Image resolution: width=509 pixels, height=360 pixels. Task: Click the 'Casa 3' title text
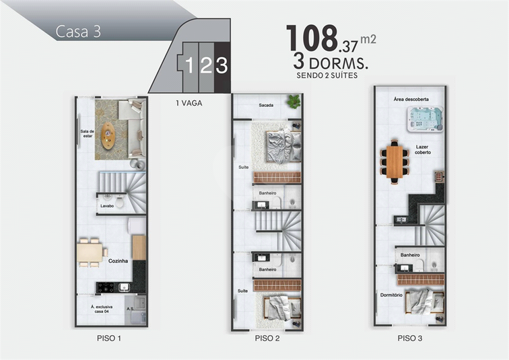tap(78, 32)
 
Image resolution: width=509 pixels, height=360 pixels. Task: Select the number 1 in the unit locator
tap(190, 65)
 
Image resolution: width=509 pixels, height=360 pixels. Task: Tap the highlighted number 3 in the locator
tap(222, 65)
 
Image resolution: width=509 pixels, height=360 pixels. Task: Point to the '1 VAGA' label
tap(189, 103)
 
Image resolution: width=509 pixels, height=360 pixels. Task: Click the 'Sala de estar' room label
tap(88, 134)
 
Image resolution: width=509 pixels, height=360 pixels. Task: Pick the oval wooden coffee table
tap(108, 135)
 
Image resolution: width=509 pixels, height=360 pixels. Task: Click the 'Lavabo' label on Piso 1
tap(107, 206)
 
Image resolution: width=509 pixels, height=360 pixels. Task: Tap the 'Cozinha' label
tap(118, 261)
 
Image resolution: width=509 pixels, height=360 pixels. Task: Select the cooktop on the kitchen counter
tap(106, 287)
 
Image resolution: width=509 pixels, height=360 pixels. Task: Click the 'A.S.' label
tap(131, 309)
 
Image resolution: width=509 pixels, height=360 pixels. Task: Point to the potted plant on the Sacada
tap(294, 102)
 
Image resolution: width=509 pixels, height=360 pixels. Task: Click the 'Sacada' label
tap(266, 105)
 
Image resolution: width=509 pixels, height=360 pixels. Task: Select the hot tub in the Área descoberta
tap(425, 119)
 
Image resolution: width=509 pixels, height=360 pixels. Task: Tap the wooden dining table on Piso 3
tap(395, 162)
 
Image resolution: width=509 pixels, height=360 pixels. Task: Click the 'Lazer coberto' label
tap(423, 149)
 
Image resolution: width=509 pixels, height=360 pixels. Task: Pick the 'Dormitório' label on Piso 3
tap(391, 295)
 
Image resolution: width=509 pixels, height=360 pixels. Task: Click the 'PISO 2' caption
tap(267, 338)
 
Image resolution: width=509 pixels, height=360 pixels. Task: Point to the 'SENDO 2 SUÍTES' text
tap(327, 75)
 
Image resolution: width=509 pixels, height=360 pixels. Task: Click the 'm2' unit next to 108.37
tap(368, 39)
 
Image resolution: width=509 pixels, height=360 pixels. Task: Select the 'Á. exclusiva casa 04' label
tap(102, 309)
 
